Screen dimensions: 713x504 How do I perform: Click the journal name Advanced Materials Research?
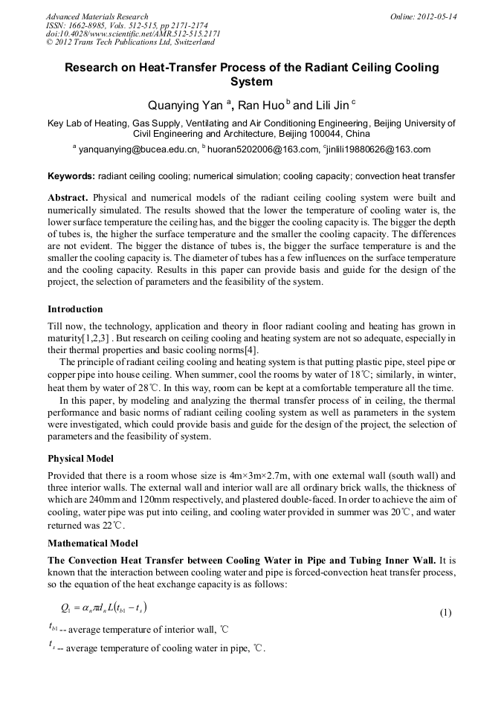click(x=97, y=16)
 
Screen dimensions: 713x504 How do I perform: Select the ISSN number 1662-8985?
click(x=88, y=25)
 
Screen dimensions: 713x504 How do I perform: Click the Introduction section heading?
click(x=75, y=309)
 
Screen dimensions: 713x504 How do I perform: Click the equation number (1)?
click(x=445, y=613)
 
